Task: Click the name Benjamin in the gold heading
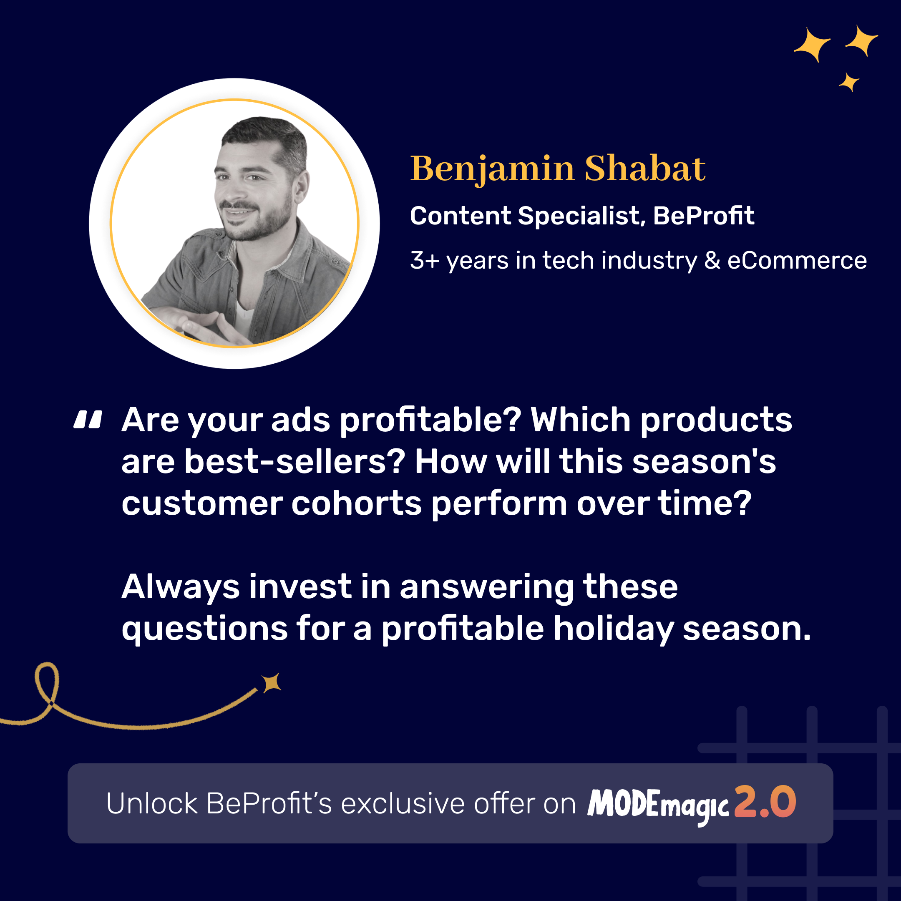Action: (x=492, y=169)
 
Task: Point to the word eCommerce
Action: (x=797, y=260)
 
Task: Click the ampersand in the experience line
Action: (x=712, y=260)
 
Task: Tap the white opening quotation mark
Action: (x=88, y=419)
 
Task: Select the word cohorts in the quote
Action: (x=357, y=503)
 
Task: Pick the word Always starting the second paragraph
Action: (x=181, y=588)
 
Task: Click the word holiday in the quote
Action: (x=613, y=629)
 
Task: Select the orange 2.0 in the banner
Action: (x=765, y=802)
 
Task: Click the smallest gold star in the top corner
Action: (x=849, y=82)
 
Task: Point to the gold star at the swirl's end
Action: (x=272, y=683)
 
